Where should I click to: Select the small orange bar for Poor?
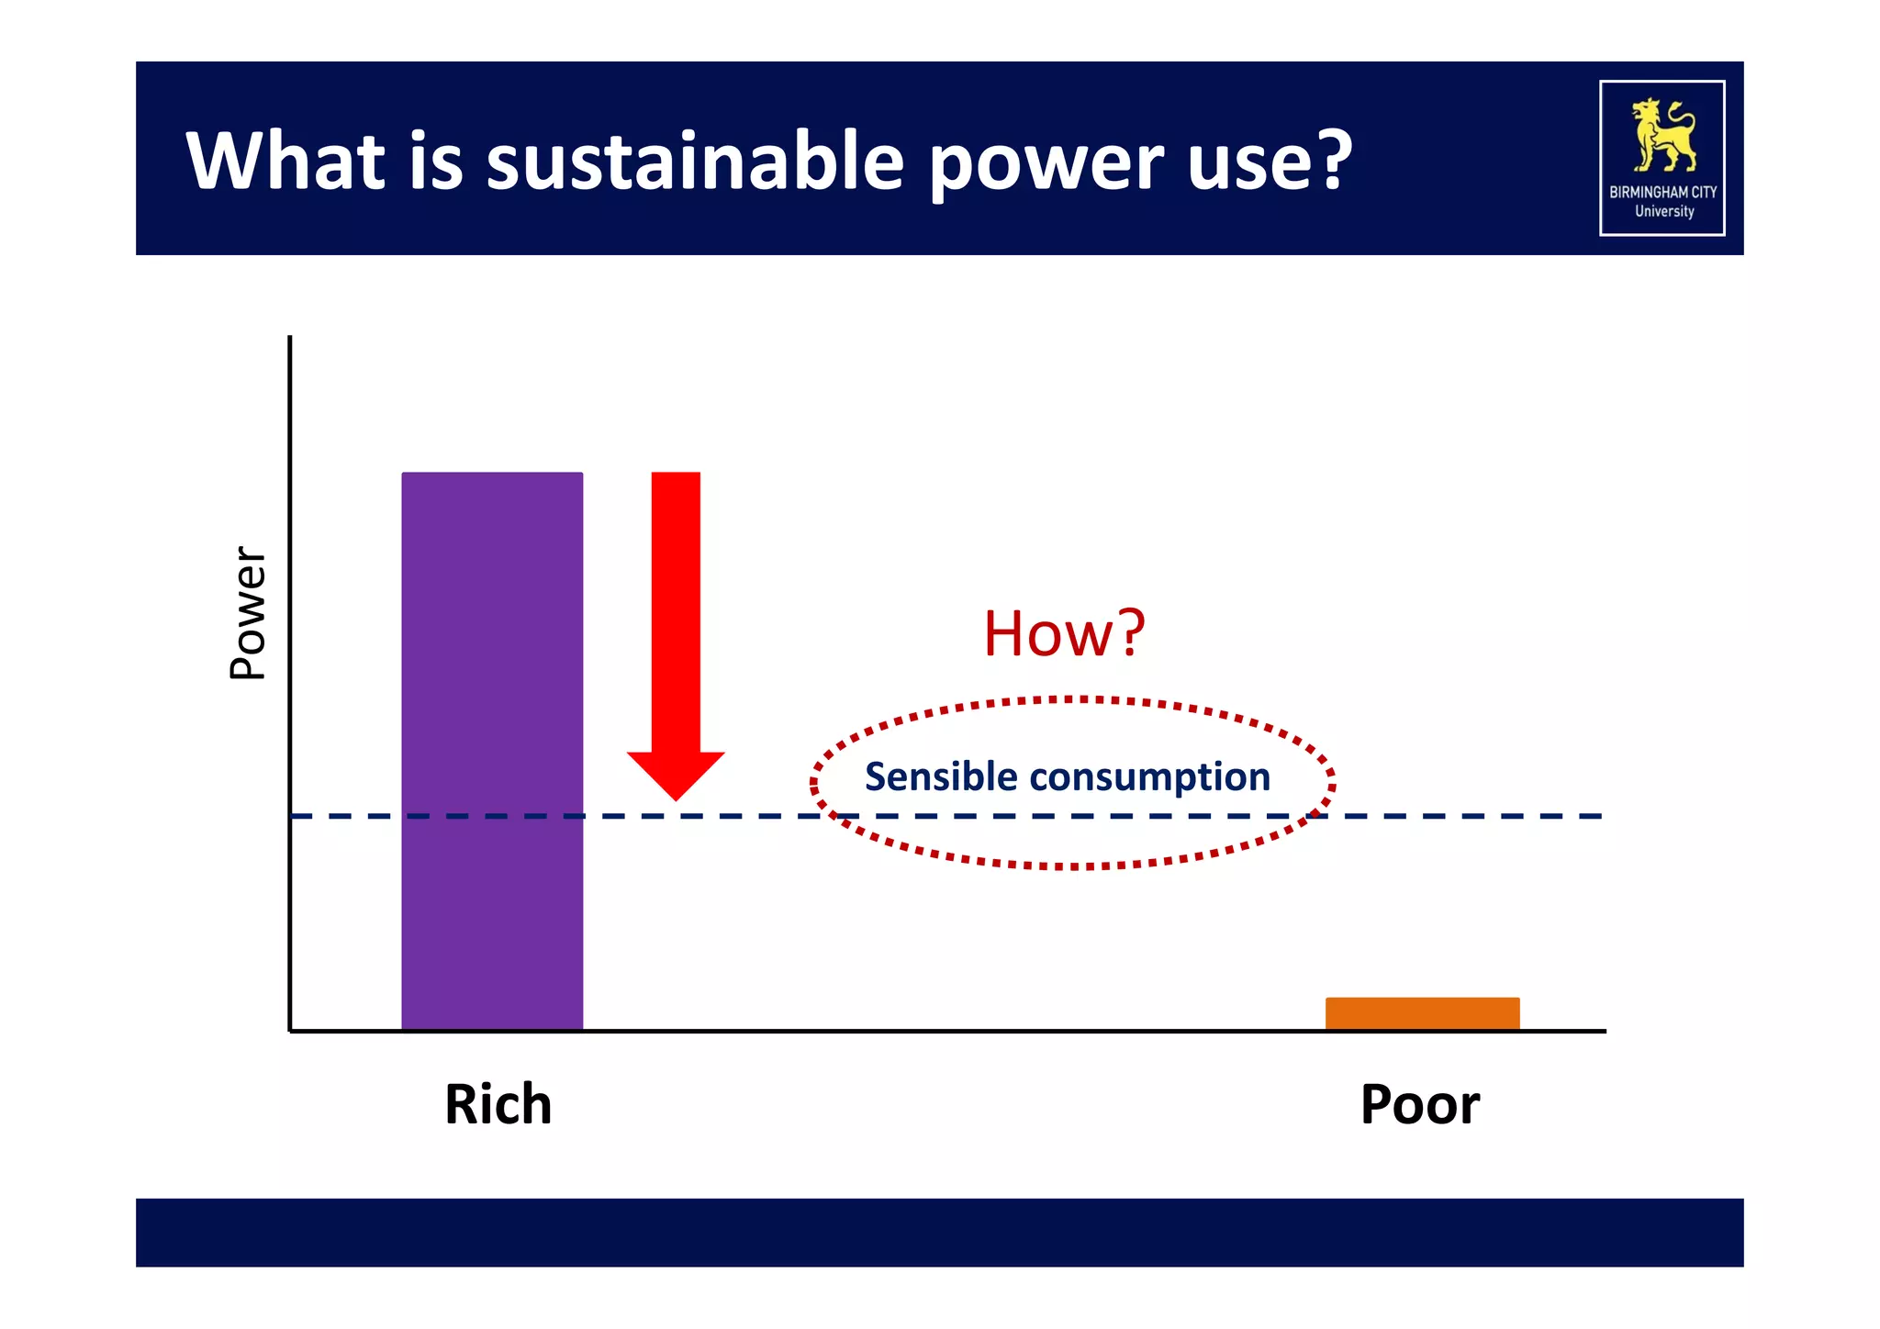click(x=1422, y=1013)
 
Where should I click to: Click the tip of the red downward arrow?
click(x=676, y=795)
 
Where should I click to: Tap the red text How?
click(x=1064, y=633)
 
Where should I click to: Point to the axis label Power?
click(x=247, y=612)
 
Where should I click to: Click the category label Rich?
click(x=498, y=1104)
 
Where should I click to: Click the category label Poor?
click(x=1419, y=1105)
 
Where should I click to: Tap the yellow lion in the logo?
click(x=1662, y=135)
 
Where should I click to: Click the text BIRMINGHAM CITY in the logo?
click(x=1662, y=192)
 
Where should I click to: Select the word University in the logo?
click(x=1663, y=212)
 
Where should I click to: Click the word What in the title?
click(x=285, y=161)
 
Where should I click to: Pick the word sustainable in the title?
click(x=695, y=161)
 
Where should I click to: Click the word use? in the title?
click(x=1270, y=161)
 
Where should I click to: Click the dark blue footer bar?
click(x=939, y=1232)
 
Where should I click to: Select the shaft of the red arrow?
click(x=676, y=606)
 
